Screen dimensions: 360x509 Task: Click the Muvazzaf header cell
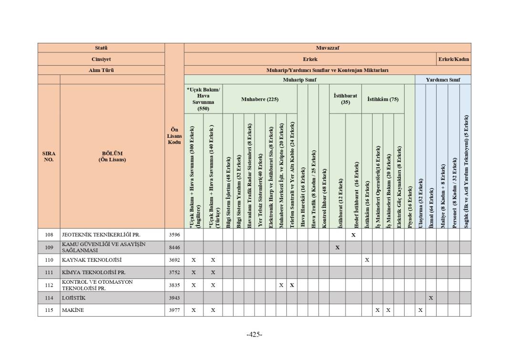click(x=327, y=48)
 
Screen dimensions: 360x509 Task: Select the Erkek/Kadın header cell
click(x=454, y=59)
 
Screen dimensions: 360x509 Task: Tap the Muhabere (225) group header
click(x=260, y=99)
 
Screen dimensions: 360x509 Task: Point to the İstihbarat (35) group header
click(x=345, y=99)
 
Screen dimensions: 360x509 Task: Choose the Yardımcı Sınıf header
click(x=443, y=80)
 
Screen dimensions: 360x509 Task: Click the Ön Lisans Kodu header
click(x=174, y=135)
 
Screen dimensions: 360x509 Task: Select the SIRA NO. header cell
click(x=49, y=156)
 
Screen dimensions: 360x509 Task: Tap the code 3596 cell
click(x=174, y=235)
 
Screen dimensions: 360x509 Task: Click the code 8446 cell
click(x=174, y=247)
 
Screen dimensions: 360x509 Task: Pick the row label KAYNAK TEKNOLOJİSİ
click(x=92, y=260)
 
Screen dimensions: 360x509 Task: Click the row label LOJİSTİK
click(x=73, y=298)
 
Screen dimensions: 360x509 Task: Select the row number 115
click(x=49, y=310)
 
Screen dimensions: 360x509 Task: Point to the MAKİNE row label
click(x=72, y=310)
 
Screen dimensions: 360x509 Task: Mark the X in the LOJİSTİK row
click(x=431, y=298)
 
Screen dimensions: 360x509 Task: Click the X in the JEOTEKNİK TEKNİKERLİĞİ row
click(x=353, y=235)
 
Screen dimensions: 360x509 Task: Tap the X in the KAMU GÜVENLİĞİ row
click(x=337, y=247)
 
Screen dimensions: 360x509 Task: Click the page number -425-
click(x=254, y=334)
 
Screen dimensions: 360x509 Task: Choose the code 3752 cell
click(x=174, y=273)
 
